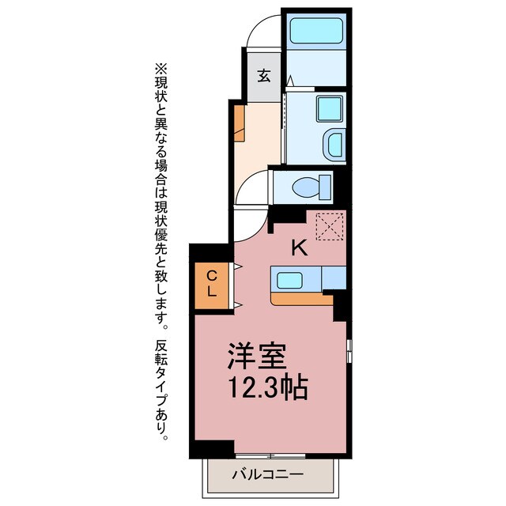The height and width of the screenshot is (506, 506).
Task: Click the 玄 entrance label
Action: (x=263, y=76)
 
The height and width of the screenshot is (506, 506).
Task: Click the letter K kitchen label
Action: (x=298, y=248)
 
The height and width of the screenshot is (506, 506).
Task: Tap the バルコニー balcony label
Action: (x=269, y=475)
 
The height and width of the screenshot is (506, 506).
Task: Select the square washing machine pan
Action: (x=328, y=108)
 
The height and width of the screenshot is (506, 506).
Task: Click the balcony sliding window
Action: (x=269, y=456)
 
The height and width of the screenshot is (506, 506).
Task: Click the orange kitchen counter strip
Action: (x=300, y=299)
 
